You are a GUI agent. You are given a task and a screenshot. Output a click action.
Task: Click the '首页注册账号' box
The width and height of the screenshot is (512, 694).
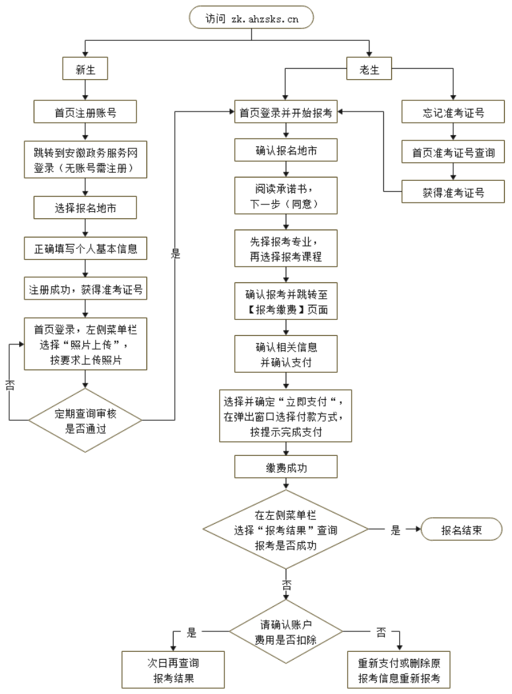tap(85, 113)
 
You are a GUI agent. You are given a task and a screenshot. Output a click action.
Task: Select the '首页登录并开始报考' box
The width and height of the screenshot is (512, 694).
tap(286, 113)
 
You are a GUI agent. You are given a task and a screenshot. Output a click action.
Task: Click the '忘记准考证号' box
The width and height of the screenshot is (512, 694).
tap(453, 113)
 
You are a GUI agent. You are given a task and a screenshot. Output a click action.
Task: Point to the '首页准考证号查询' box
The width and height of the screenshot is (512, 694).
tap(453, 153)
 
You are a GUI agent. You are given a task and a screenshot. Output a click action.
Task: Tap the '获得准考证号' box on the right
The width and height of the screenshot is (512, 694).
tap(453, 193)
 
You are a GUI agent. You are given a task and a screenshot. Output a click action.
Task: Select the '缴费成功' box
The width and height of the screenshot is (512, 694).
tap(286, 467)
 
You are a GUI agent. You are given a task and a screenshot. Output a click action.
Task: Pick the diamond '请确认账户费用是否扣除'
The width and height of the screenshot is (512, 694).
tap(286, 631)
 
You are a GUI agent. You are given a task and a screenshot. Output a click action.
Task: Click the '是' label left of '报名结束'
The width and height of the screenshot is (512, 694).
tap(396, 530)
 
